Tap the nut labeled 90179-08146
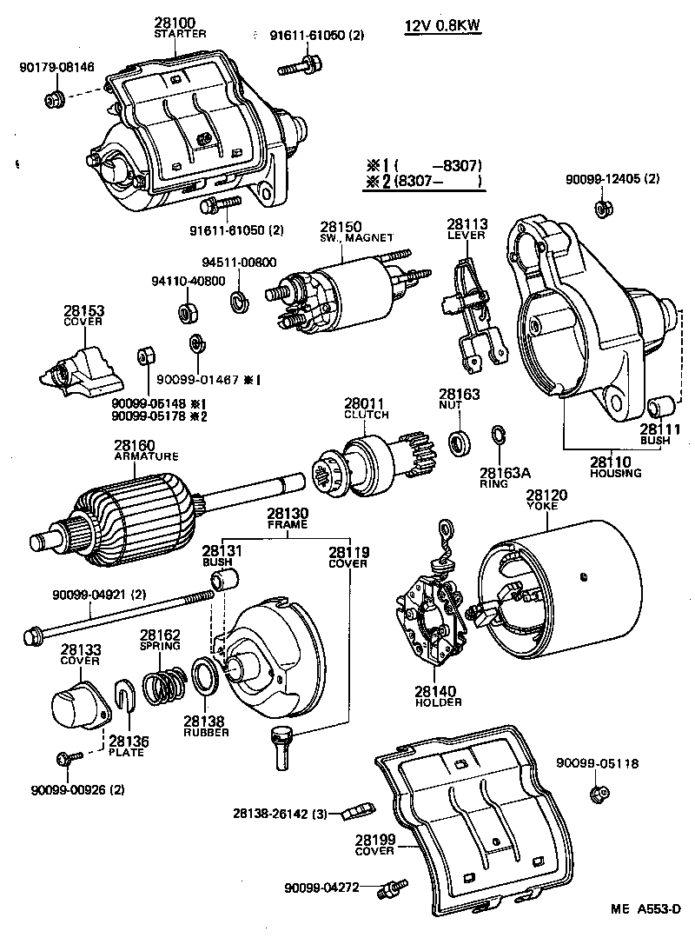coord(51,97)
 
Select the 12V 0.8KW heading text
coord(443,25)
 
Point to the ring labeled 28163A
coord(499,436)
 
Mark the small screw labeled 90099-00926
coord(63,759)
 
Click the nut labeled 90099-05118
coord(597,793)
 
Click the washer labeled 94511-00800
coord(237,303)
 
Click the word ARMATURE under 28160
coord(147,456)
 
